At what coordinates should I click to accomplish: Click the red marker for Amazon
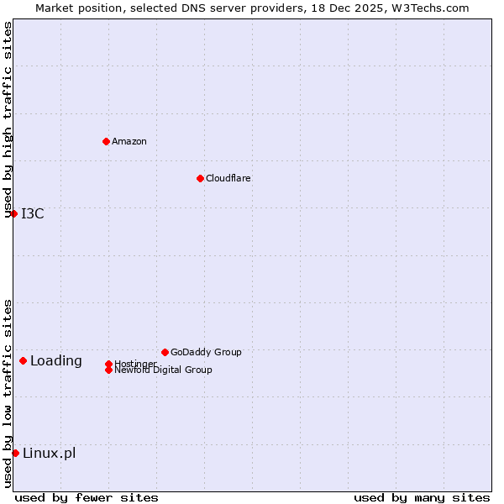106,141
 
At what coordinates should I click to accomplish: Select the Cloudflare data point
200,178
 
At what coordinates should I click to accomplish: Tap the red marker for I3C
13,213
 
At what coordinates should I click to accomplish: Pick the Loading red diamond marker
23,360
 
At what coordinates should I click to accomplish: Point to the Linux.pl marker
15,453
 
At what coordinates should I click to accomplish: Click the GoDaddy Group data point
165,352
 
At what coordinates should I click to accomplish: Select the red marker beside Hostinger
108,364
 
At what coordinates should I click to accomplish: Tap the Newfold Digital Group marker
108,370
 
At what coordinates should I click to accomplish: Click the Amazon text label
129,141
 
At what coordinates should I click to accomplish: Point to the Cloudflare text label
228,178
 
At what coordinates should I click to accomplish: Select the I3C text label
33,213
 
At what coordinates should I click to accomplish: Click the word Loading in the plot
56,361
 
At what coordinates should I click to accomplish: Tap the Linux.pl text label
49,454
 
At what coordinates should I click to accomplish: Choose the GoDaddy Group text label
206,352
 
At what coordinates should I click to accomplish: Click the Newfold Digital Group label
163,370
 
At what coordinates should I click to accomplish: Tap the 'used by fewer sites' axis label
87,498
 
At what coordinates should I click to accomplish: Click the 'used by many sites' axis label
422,498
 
